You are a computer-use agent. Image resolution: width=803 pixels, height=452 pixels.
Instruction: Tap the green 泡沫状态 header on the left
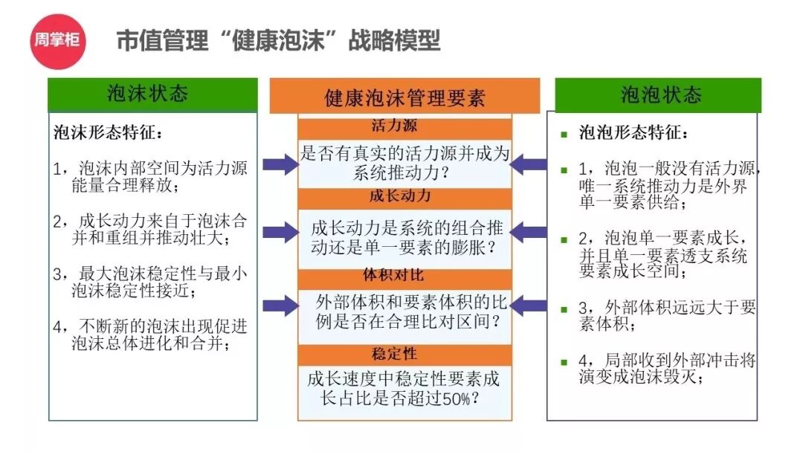click(x=152, y=94)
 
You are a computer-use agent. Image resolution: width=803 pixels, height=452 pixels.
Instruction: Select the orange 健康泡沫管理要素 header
click(x=404, y=97)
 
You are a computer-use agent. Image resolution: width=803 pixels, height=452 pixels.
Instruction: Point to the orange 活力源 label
click(x=404, y=127)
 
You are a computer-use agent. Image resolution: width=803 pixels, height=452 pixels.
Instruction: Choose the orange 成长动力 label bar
click(x=404, y=198)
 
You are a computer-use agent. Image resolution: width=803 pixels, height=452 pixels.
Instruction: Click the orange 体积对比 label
click(x=404, y=277)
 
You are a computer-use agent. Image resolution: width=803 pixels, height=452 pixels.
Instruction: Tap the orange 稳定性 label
click(x=404, y=355)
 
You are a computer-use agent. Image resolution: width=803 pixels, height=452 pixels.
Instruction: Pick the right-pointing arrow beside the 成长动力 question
click(x=280, y=233)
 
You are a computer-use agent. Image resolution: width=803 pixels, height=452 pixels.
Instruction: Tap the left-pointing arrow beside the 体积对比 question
click(x=529, y=304)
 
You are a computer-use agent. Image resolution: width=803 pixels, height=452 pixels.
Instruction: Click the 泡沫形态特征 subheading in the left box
click(x=107, y=134)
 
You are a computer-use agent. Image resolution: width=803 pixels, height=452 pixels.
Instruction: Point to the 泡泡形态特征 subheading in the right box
click(x=633, y=134)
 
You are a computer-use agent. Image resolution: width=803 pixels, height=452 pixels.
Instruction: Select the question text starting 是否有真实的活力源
click(x=404, y=164)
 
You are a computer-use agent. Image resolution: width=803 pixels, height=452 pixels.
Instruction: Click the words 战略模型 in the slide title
click(x=394, y=40)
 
